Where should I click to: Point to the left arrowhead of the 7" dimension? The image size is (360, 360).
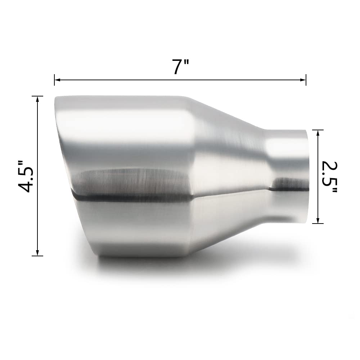pos(57,80)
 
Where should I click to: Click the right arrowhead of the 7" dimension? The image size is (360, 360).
pos(303,80)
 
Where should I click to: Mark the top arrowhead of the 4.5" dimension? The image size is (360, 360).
pos(37,99)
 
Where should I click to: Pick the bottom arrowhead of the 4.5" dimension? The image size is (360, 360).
pos(37,253)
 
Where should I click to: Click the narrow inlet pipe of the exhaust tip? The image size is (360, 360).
pos(288,173)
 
